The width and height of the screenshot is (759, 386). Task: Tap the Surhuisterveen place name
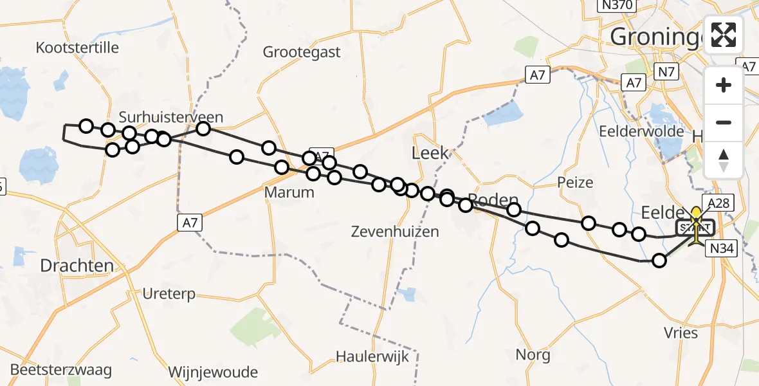(171, 117)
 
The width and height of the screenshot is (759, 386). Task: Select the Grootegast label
(302, 52)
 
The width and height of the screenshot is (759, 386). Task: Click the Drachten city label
(77, 265)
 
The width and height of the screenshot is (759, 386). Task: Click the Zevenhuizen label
(395, 231)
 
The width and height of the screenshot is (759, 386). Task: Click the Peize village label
(575, 183)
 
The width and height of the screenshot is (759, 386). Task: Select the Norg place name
(533, 354)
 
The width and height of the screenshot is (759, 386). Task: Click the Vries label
(680, 333)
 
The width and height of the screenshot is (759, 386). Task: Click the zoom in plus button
(724, 85)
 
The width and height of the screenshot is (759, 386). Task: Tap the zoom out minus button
(724, 122)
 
